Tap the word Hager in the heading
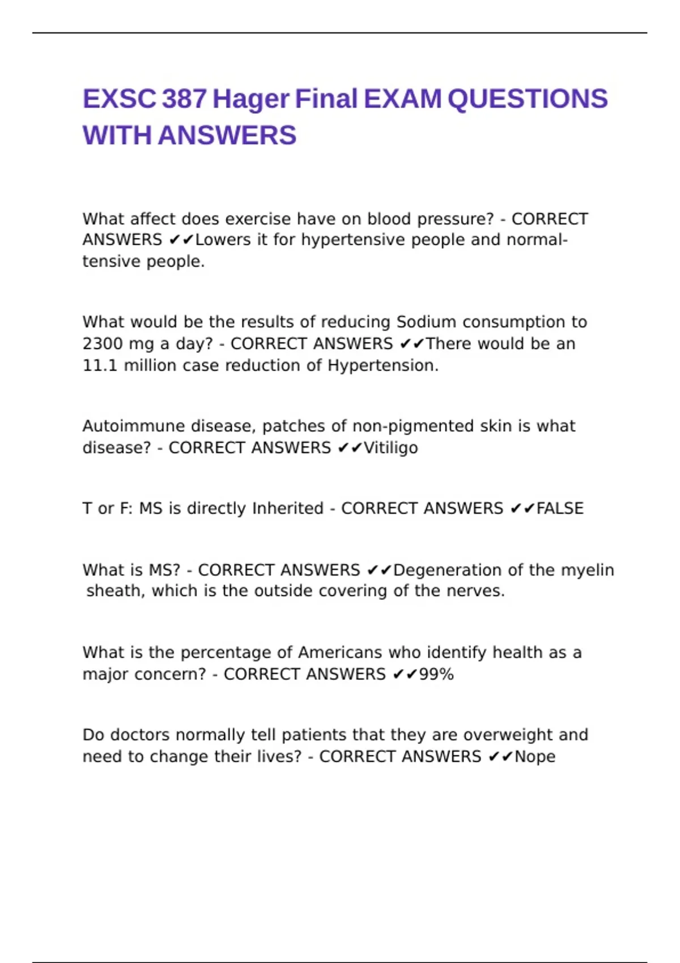point(250,99)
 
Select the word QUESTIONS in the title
point(528,99)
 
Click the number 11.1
point(100,366)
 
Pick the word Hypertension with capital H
point(382,366)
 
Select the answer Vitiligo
point(391,448)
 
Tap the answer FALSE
point(560,509)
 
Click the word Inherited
point(288,509)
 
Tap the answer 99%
point(436,675)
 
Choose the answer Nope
point(535,757)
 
